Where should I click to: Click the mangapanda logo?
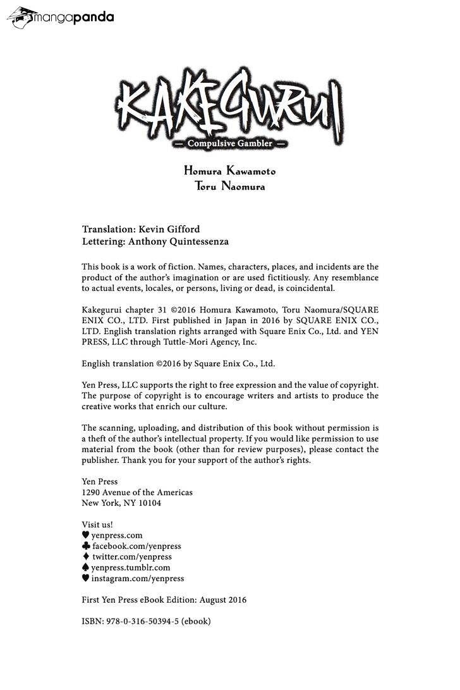[61, 17]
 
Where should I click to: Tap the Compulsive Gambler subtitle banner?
[230, 143]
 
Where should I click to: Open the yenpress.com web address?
[117, 535]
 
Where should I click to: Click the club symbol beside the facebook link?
[86, 546]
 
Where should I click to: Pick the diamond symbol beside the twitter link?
[86, 557]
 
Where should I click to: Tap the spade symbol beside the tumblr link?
[86, 567]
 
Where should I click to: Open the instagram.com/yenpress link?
[138, 578]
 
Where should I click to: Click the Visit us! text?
[97, 524]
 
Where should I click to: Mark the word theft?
[100, 438]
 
